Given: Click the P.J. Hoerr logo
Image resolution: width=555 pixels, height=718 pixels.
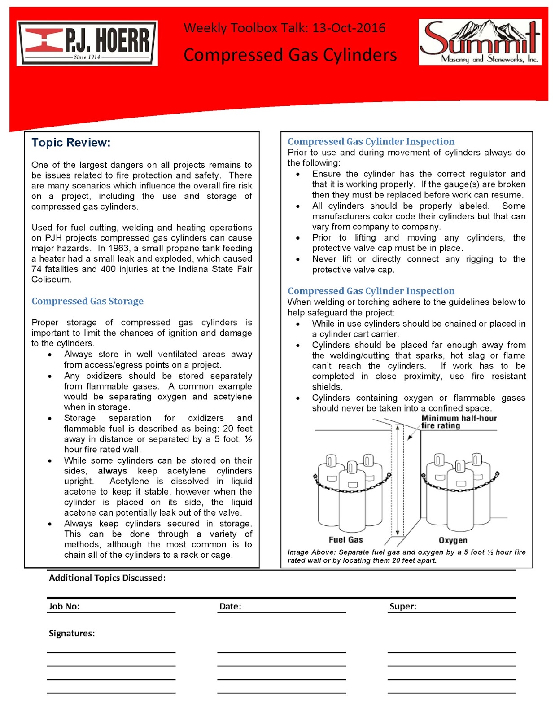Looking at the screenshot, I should click(x=87, y=43).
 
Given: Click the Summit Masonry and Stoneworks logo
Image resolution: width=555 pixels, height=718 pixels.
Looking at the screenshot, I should click(x=480, y=42).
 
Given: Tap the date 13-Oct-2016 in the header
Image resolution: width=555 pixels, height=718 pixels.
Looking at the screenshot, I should click(x=349, y=28).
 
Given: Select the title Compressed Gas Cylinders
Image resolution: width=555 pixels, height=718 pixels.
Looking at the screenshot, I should click(x=290, y=55).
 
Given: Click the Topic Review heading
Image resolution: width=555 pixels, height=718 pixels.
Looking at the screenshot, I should click(x=71, y=143).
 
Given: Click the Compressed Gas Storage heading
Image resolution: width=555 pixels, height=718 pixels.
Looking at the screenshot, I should click(x=87, y=301).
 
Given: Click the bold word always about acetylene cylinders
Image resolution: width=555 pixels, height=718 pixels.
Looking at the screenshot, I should click(x=112, y=471).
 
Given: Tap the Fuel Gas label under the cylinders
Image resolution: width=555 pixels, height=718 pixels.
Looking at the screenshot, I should click(x=345, y=540).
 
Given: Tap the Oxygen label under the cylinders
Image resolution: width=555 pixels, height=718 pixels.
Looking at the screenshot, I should click(x=453, y=540).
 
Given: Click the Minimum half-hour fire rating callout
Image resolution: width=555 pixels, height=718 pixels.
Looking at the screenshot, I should click(x=459, y=422).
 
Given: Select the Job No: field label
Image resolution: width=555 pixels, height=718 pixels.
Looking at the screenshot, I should click(x=64, y=606).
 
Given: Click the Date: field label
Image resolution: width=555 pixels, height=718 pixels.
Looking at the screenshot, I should click(x=230, y=606).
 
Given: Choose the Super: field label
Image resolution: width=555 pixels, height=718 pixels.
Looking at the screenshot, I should click(x=402, y=606).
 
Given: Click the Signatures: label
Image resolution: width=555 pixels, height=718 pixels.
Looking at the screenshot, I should click(x=72, y=633).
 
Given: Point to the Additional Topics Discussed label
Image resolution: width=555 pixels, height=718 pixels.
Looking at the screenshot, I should click(x=107, y=578).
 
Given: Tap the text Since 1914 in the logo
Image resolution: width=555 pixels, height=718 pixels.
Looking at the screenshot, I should click(x=87, y=57).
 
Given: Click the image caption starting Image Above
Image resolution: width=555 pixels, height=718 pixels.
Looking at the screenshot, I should click(x=406, y=556).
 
